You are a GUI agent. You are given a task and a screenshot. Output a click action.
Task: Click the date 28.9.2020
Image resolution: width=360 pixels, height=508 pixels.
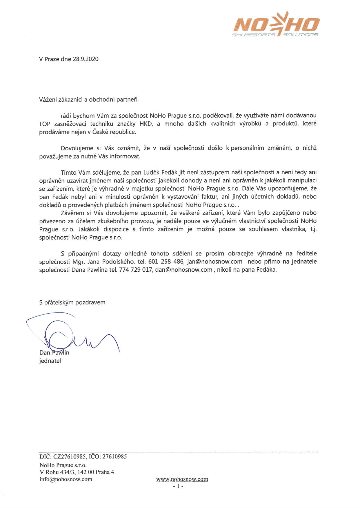pos(86,59)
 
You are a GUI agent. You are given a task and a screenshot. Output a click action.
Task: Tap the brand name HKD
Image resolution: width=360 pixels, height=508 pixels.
pos(146,124)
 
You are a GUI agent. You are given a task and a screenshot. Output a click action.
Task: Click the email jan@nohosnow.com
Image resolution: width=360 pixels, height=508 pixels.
pos(214,262)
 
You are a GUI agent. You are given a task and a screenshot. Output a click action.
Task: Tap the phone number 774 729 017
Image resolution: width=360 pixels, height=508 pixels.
pos(135,270)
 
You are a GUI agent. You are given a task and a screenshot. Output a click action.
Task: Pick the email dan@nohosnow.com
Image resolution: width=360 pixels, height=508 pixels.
pos(184,270)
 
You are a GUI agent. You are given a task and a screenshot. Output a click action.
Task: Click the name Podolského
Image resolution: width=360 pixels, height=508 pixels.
pos(119,262)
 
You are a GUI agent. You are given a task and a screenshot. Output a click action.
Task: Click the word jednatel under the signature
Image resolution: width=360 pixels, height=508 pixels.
pos(50,361)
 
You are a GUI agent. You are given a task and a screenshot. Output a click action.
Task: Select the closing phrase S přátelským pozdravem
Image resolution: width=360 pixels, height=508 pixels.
pos(72,302)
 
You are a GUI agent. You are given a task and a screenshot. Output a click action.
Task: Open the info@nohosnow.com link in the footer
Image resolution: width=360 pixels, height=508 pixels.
pos(66,479)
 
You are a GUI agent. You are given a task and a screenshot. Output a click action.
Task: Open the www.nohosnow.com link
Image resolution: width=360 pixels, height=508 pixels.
pos(182,479)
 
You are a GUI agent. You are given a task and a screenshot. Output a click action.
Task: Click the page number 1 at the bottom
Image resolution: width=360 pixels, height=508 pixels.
pos(178,486)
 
